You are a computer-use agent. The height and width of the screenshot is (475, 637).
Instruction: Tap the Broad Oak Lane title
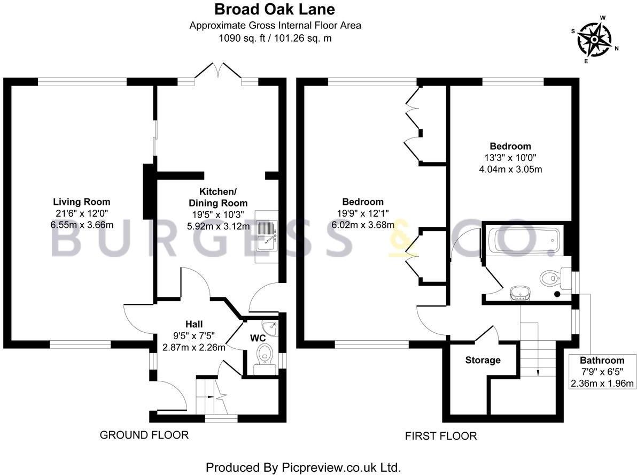pos(275,10)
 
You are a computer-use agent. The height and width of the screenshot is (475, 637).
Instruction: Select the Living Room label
pos(81,202)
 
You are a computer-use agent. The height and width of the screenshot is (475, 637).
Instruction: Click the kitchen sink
pos(266,236)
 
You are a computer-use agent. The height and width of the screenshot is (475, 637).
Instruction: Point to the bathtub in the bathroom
pos(523,241)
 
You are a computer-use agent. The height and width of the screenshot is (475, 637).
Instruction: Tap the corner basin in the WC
pos(269,327)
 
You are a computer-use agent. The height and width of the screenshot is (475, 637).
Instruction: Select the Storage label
pos(482,360)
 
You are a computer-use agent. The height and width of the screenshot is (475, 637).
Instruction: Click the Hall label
pos(194,324)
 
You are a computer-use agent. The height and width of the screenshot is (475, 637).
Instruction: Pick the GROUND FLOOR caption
pos(144,435)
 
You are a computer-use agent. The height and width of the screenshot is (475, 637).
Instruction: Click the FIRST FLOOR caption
pos(440,436)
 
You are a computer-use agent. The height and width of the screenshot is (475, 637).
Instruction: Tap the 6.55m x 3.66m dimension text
pos(81,225)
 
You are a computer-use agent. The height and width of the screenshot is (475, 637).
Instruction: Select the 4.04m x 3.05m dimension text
pos(511,170)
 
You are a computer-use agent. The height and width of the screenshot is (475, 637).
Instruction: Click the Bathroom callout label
pos(602,360)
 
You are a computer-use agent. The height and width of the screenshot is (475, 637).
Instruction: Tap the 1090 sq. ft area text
pos(275,38)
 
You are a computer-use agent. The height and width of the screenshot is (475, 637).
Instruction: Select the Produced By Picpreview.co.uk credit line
pos(303,467)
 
